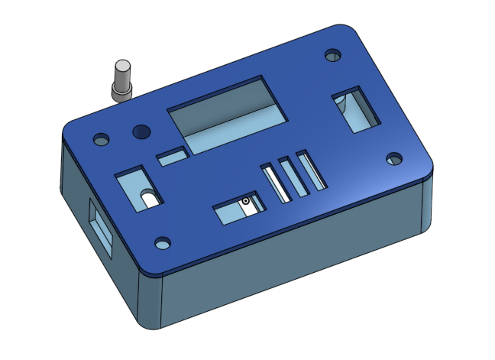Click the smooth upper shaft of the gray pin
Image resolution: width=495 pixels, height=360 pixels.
click(121, 73)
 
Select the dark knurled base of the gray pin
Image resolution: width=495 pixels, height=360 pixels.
click(121, 92)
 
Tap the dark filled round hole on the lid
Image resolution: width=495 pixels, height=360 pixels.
click(140, 132)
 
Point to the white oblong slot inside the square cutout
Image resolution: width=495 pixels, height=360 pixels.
click(150, 198)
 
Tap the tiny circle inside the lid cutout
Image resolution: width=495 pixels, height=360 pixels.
click(246, 202)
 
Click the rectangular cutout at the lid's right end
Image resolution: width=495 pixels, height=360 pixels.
click(355, 111)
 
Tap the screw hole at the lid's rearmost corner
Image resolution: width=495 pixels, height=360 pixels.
click(332, 56)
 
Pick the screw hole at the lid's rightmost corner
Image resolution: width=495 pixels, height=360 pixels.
click(393, 159)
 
